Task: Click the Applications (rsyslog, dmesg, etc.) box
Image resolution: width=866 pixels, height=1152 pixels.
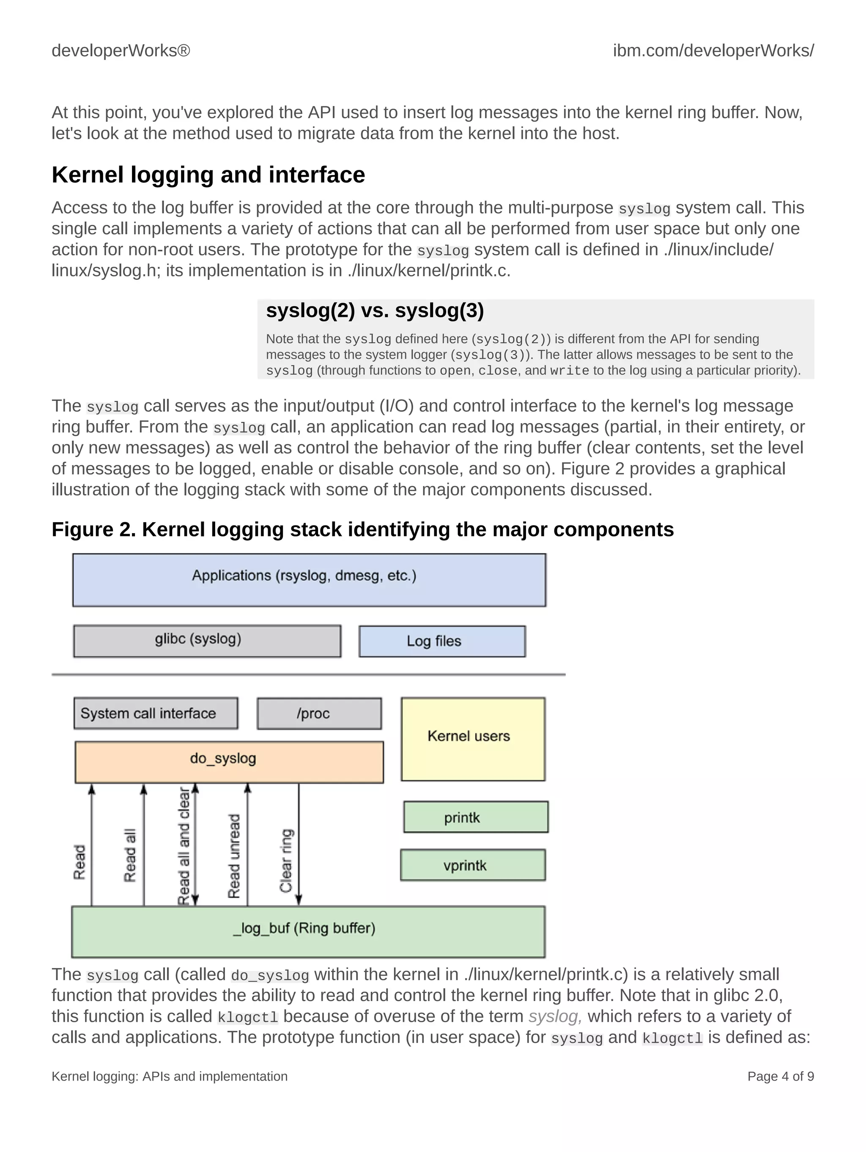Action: pos(309,580)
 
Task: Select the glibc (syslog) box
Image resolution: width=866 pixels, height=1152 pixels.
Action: pos(207,640)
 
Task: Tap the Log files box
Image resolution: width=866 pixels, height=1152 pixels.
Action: pos(442,641)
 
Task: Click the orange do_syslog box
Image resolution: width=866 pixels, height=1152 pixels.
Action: pos(229,761)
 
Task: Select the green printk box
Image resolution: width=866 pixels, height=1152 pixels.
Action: pos(475,817)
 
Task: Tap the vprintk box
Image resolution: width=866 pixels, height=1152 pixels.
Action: pos(473,865)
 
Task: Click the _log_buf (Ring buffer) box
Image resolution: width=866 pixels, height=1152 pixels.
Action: pos(308,931)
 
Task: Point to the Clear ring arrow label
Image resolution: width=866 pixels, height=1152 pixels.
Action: pos(286,860)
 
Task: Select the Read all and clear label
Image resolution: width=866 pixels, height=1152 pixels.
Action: pos(184,847)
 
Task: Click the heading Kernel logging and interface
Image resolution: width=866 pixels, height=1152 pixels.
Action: pos(208,175)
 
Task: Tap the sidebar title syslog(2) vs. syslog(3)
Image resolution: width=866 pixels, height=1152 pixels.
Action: pos(375,310)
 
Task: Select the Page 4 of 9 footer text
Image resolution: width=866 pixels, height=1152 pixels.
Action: pos(780,1076)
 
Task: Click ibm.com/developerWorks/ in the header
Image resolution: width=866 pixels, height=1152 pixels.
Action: pos(713,50)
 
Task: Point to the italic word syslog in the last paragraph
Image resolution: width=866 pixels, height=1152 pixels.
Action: pos(554,1016)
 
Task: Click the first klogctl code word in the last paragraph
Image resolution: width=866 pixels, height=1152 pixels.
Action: pos(247,1017)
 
